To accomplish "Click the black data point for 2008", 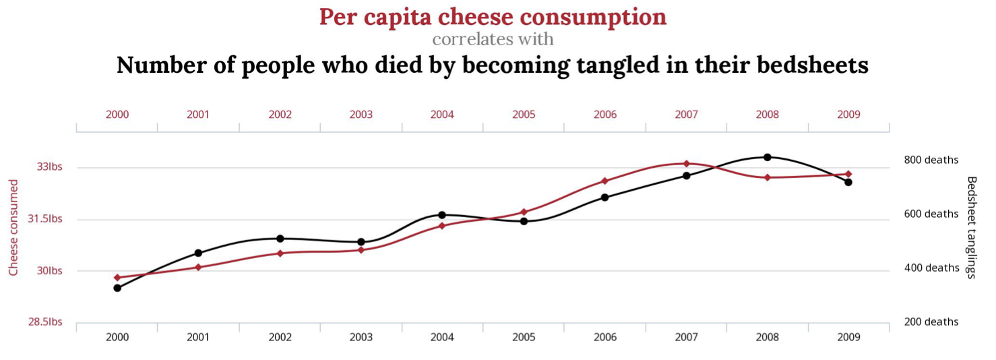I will [767, 157].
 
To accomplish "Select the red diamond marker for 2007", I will [686, 163].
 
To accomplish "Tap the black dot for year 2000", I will [117, 288].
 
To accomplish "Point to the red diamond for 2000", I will [117, 277].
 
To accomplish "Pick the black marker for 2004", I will [442, 215].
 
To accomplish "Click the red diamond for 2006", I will [604, 181].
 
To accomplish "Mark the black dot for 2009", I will [848, 182].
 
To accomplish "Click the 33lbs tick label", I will [49, 167].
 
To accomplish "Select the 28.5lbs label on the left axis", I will [44, 322].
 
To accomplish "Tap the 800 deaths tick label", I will [931, 160].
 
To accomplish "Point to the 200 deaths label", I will [931, 322].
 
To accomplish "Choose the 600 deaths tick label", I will [931, 214].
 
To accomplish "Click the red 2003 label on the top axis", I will [361, 115].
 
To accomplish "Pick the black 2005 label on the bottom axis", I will [524, 337].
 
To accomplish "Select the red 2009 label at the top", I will [848, 115].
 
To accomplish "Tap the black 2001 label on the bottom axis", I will [198, 337].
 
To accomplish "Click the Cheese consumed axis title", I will [13, 227].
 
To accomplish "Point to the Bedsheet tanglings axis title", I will [971, 227].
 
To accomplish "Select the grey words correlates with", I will [493, 39].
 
